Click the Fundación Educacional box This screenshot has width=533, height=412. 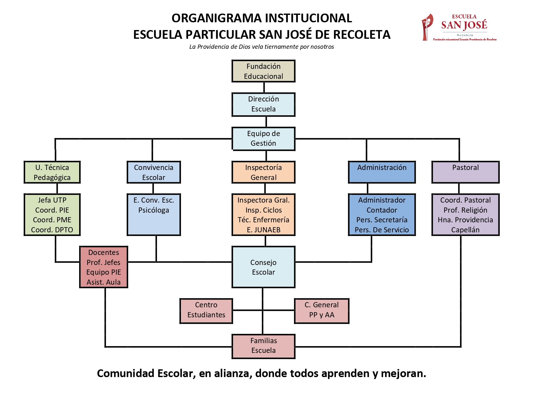[263, 71]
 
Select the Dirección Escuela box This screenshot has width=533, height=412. [263, 104]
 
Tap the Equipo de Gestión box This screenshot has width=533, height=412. [263, 138]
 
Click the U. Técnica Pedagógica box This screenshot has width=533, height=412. [52, 172]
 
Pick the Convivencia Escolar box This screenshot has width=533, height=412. [153, 172]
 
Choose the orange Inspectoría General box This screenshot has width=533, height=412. [263, 172]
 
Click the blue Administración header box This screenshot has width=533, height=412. [382, 172]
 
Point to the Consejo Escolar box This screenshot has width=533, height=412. [263, 267]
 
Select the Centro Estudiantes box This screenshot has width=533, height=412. [206, 310]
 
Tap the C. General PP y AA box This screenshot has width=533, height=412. [321, 310]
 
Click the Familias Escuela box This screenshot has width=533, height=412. [263, 346]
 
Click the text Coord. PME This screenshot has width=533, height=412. [52, 220]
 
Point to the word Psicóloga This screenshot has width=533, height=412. [153, 210]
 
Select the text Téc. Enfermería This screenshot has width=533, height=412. [263, 220]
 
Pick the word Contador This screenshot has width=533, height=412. [382, 210]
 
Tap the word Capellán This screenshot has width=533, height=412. [465, 230]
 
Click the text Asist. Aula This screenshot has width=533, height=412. [103, 282]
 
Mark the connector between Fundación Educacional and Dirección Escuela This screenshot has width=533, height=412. [264, 87]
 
